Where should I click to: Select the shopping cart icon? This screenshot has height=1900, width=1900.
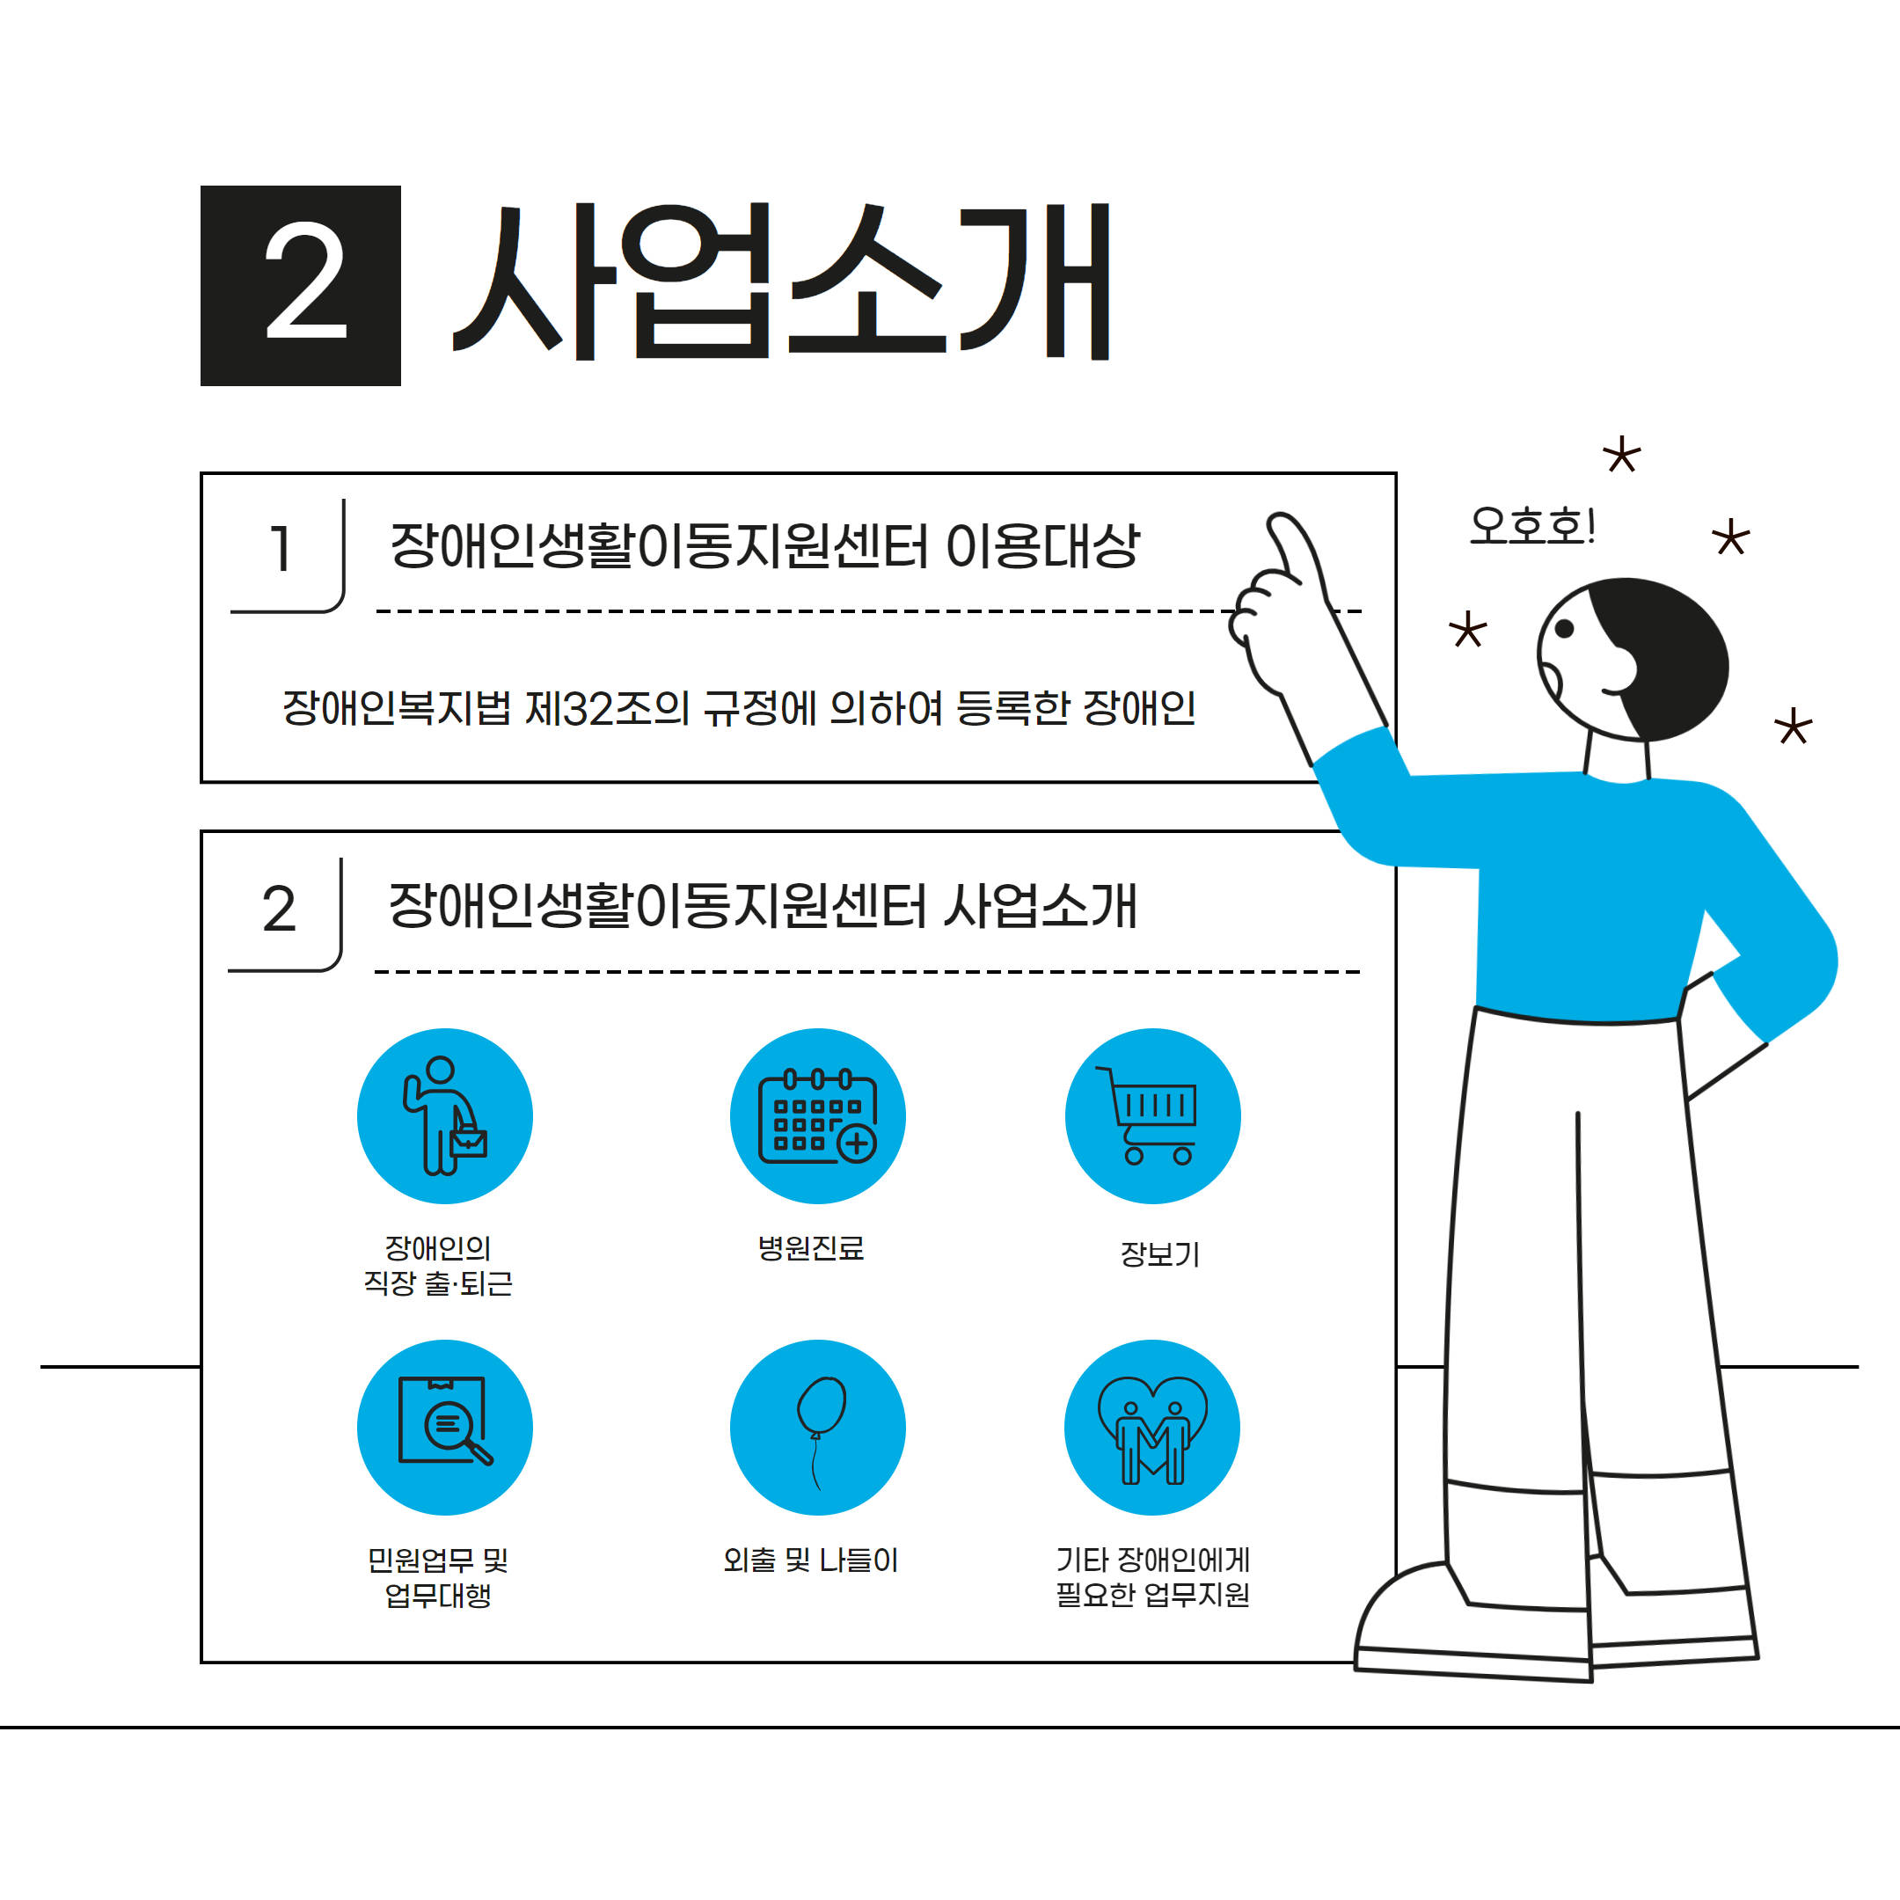tap(1151, 1116)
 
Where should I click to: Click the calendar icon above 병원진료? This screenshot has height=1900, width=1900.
tap(817, 1116)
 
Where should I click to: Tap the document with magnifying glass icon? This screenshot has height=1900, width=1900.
tap(444, 1421)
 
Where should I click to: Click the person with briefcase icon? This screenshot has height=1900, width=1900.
tap(444, 1116)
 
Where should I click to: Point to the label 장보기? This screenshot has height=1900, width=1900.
tap(1159, 1253)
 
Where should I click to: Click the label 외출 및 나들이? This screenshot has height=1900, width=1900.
tap(810, 1560)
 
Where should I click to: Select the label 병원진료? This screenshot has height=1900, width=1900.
tap(810, 1248)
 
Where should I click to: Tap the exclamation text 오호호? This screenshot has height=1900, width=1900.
tap(1531, 525)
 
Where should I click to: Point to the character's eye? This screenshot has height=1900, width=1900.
tap(1564, 628)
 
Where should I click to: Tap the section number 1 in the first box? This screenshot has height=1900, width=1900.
tap(281, 549)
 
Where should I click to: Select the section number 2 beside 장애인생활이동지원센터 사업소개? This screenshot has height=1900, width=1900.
tap(280, 909)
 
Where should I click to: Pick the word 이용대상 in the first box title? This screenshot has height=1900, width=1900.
tap(1041, 545)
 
